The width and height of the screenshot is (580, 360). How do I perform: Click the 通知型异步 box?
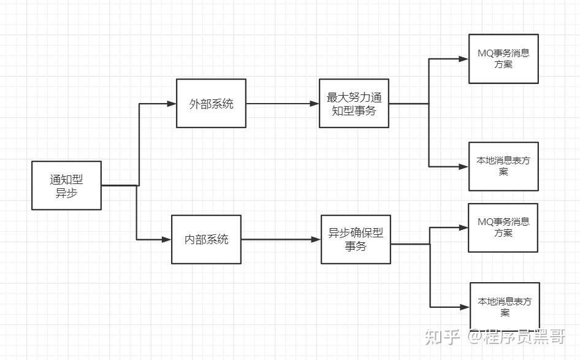click(66, 185)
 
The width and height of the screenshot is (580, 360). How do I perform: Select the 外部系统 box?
click(211, 103)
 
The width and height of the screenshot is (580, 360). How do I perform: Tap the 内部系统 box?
click(206, 239)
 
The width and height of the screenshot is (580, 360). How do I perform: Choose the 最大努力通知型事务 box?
click(354, 103)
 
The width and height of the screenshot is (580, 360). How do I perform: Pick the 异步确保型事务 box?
click(356, 239)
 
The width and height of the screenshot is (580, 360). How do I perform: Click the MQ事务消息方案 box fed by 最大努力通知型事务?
click(503, 58)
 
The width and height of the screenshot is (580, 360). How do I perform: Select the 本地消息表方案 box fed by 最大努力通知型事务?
click(503, 166)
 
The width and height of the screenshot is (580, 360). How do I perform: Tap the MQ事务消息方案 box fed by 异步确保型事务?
click(503, 228)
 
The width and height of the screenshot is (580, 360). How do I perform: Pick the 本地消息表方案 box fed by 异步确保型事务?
click(505, 307)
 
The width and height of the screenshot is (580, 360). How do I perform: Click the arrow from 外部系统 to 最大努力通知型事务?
click(282, 104)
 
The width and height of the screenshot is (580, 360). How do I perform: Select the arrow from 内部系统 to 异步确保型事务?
click(281, 240)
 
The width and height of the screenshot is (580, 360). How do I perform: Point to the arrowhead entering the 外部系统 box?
click(172, 104)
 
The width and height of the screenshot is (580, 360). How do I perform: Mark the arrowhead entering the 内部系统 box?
click(167, 240)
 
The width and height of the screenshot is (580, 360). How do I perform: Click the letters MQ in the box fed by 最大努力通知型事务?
click(484, 53)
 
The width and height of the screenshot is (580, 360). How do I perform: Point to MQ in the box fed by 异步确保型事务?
click(484, 222)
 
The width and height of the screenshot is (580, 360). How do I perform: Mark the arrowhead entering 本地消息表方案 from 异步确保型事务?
click(465, 307)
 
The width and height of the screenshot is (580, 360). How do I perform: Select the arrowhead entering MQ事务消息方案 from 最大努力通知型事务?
click(464, 59)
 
